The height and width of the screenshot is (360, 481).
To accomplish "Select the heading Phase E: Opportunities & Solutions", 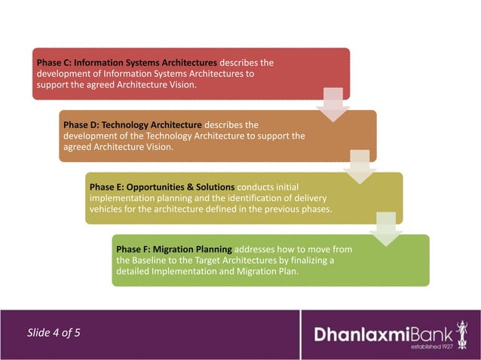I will click(x=161, y=186).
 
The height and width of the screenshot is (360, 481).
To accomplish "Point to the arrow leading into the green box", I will click(x=385, y=228).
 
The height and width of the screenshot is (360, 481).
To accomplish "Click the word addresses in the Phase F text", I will click(x=258, y=248).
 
